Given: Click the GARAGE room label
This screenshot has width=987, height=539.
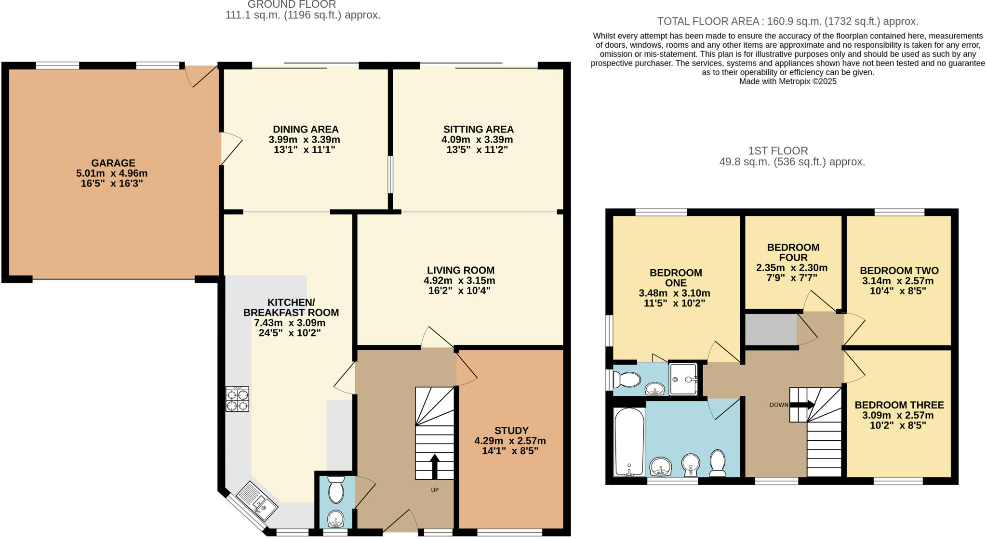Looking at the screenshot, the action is pos(113,163).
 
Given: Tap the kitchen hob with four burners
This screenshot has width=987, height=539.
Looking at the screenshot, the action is pos(237,399).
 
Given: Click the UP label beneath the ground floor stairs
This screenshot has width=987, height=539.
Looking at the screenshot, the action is pos(435,490).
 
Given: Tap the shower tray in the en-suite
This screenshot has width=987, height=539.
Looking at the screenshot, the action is pos(683,379).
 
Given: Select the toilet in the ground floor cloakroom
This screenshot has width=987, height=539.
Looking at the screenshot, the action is pos(336,489).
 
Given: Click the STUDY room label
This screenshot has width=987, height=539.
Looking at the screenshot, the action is pos(511,430).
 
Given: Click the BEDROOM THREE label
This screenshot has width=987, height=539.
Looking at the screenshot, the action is pos(899,405).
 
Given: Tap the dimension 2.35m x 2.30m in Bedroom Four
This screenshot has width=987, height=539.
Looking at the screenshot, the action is pos(792,268).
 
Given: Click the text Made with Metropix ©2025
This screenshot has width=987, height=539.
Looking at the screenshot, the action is pos(788,81).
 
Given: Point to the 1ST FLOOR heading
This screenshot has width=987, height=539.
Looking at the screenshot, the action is pos(778,151).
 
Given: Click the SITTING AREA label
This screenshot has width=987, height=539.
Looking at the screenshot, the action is pos(479,129).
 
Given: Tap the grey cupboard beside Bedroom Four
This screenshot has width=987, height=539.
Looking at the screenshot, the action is pos(771,329).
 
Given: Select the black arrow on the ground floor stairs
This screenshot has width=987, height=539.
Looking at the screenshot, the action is pos(435,466).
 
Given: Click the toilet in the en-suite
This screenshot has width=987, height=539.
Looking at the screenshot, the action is pos(627,380).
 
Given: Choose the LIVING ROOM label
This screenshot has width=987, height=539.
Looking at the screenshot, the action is pos(461,270).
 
